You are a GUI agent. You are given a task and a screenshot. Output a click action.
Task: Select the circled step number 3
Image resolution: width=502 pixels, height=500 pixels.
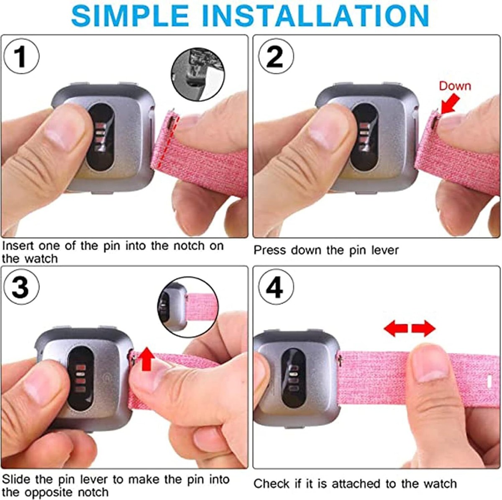tap(20, 287)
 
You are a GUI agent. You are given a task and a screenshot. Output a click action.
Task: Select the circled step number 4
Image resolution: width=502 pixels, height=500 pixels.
tap(275, 287)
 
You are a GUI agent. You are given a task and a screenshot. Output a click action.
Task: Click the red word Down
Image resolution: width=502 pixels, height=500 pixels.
tap(455, 86)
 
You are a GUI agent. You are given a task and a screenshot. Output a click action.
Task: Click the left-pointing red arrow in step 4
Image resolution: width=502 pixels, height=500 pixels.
tap(395, 328)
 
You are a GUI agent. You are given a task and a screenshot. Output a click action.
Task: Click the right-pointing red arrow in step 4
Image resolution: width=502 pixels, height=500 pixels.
tap(423, 328)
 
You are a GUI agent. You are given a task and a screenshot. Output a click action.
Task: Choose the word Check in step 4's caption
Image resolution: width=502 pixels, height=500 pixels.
tap(271, 484)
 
